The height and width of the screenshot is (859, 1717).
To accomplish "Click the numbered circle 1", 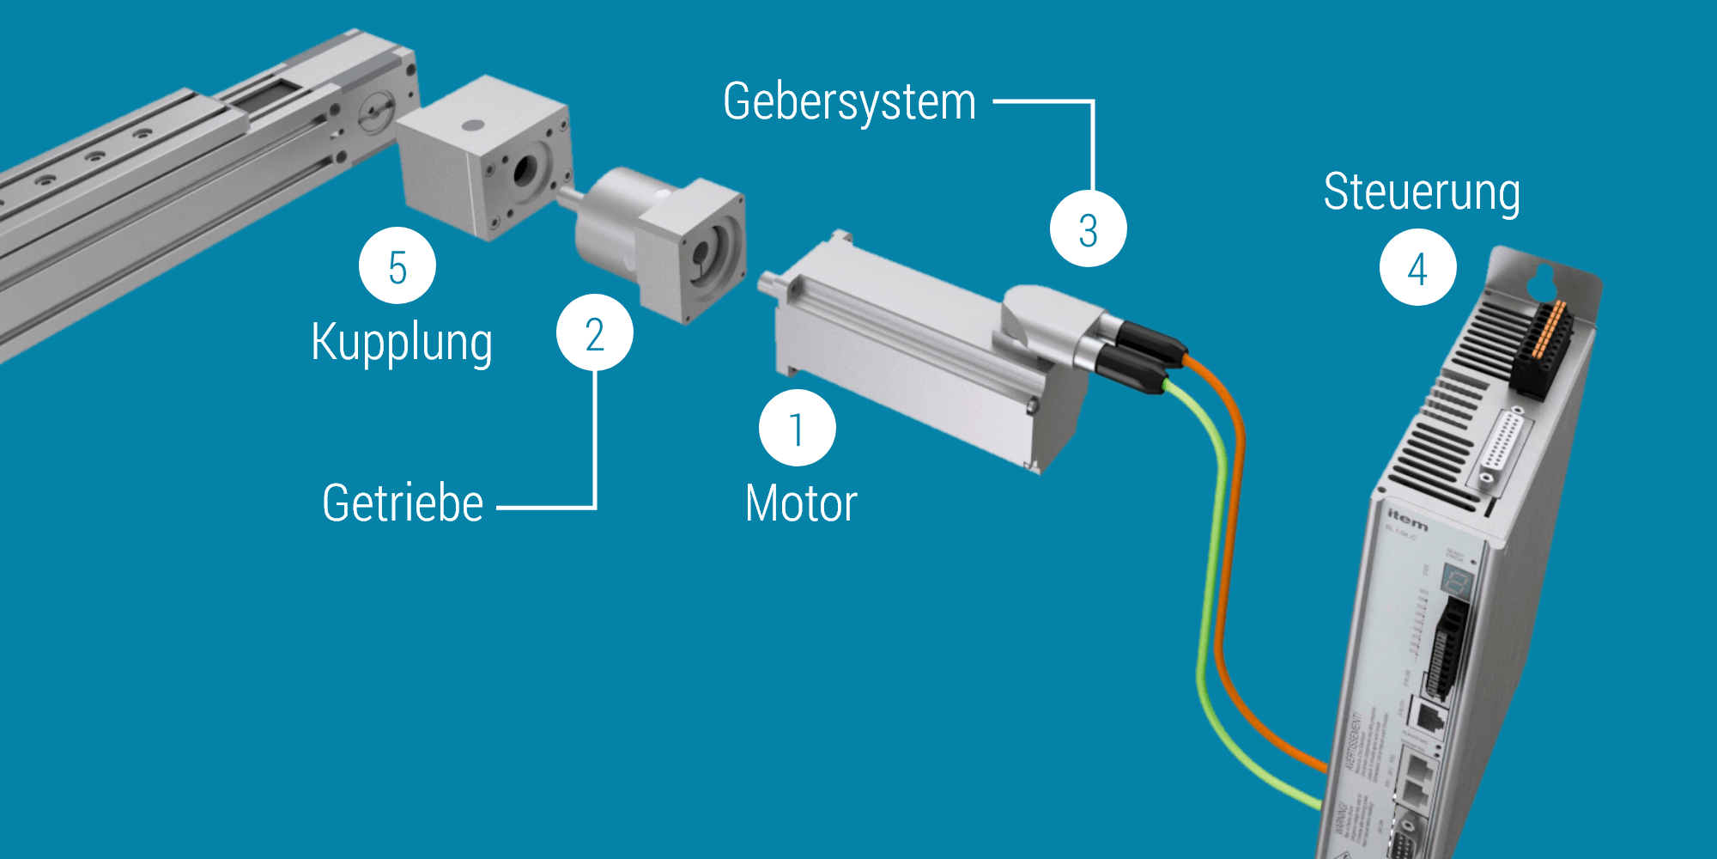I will pos(797,429).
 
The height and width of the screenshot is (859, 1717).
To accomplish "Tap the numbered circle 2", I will pos(594,333).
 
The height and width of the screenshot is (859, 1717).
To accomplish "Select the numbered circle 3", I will pos(1088,229).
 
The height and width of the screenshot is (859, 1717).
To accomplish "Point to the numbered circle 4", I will pos(1417,268).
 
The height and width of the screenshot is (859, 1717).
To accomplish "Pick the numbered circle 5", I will pos(397,266).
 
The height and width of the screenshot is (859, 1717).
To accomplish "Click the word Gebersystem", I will pos(849,102).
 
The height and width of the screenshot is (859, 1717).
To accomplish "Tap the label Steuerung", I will pos(1422,192).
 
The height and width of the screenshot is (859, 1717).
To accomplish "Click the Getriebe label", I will pos(403,503).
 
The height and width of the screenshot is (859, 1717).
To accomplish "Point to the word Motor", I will pos(801,503).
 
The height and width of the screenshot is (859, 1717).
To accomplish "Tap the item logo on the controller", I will pos(1408,519).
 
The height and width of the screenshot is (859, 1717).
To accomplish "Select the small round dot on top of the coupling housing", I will pos(471,125).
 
